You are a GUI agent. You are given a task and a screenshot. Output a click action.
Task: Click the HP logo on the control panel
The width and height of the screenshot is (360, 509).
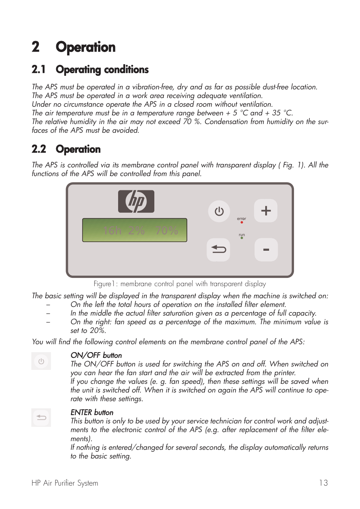tap(136, 201)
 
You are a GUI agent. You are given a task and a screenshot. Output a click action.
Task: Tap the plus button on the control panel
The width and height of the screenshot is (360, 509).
tap(266, 210)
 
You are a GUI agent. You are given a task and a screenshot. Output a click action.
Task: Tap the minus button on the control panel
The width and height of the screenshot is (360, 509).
tap(266, 250)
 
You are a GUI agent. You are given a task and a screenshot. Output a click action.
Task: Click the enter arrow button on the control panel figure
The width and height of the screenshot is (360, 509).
tap(218, 250)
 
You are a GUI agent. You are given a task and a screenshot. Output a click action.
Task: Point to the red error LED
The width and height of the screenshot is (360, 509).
tap(242, 222)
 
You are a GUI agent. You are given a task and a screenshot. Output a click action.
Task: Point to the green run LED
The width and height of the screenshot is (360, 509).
tap(242, 238)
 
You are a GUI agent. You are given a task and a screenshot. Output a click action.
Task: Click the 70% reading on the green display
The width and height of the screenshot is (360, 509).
tap(166, 230)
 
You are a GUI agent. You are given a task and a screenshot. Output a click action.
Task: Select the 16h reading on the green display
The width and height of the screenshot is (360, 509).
tap(112, 230)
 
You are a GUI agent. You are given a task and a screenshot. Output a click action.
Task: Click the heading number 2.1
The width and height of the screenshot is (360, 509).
tap(39, 70)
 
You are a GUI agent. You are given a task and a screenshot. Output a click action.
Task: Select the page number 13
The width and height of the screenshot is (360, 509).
tap(323, 483)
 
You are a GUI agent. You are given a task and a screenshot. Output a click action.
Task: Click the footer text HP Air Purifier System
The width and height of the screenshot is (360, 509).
tap(65, 483)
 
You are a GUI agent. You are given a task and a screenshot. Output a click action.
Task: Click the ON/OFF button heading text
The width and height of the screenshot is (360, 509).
tap(96, 355)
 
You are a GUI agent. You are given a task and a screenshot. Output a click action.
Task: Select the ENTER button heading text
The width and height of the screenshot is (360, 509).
tap(92, 412)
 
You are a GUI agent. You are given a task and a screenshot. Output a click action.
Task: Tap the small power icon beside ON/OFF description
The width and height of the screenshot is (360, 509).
tap(41, 361)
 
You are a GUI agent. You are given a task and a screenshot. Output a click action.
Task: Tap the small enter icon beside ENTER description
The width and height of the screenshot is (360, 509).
tap(41, 418)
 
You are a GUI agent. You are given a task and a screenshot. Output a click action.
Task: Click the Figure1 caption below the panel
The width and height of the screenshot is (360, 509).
tap(180, 284)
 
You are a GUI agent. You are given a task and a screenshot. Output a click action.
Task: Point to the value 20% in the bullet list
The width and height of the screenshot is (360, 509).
tap(97, 331)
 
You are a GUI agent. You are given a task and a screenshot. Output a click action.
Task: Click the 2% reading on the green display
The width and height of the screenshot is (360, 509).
tap(136, 230)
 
